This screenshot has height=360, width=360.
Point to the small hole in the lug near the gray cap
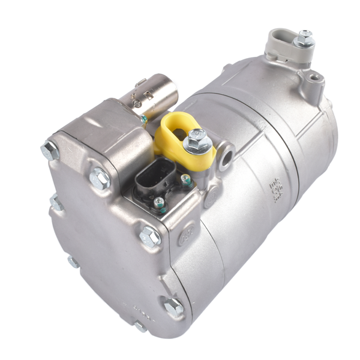pos(312,79)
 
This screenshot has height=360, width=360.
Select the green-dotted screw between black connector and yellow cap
pos(187,179)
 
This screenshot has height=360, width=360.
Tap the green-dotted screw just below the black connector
pos(159,203)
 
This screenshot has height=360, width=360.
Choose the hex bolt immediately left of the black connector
pos(99,178)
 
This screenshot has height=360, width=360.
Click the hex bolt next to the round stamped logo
pos(150,236)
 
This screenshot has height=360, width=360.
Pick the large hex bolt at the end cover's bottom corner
pos(173,307)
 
